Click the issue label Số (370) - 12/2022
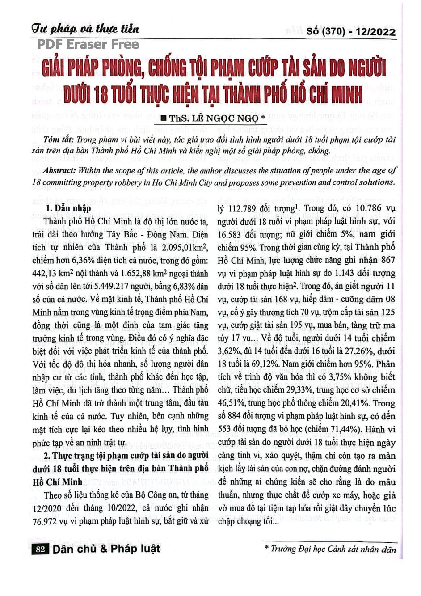click(351, 32)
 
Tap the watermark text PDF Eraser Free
click(88, 44)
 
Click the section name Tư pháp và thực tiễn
click(85, 29)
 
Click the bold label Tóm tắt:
click(59, 140)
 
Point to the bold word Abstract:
click(60, 171)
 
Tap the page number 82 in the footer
click(40, 550)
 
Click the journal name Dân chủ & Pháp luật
click(106, 549)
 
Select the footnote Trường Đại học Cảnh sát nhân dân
click(333, 550)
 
